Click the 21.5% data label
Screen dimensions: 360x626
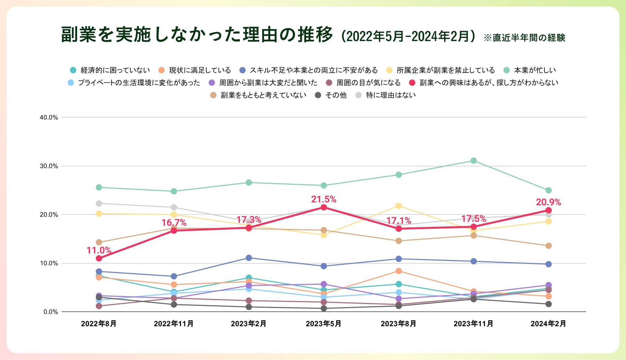[323, 199]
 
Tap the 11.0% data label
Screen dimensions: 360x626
[99, 250]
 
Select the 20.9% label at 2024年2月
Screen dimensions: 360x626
[548, 202]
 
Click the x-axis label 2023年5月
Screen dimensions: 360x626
[323, 324]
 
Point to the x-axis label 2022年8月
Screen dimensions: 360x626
[99, 324]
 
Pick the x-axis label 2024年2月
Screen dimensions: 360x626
[548, 324]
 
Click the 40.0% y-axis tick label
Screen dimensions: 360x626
[49, 117]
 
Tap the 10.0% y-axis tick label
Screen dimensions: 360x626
[49, 263]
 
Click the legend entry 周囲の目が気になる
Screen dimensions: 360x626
[368, 83]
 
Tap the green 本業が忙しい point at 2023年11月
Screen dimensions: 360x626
[474, 161]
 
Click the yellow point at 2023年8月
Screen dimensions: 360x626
[398, 206]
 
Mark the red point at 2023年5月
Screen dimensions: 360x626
[323, 207]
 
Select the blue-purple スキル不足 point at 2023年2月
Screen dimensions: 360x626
[249, 258]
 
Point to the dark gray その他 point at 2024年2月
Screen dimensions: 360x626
[548, 304]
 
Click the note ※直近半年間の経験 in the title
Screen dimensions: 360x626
[524, 38]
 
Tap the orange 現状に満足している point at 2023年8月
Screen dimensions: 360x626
[398, 271]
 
